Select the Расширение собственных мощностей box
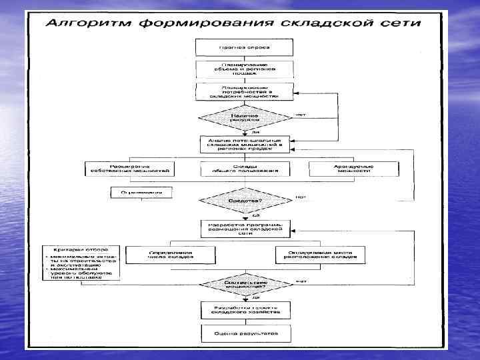pyautogui.click(x=130, y=168)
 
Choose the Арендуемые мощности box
pyautogui.click(x=353, y=168)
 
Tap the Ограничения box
pyautogui.click(x=141, y=192)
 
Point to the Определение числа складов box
pyautogui.click(x=170, y=255)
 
